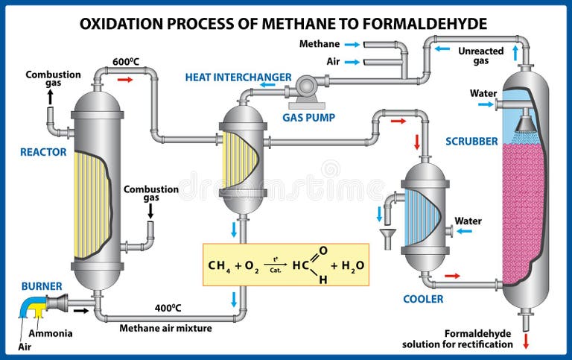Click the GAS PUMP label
point(308,117)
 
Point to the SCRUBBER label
point(471,141)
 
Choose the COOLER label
point(424,299)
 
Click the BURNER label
point(42,285)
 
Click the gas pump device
point(306,86)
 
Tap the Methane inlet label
point(320,44)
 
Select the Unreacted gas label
point(480,56)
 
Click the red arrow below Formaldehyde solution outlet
point(526,343)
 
